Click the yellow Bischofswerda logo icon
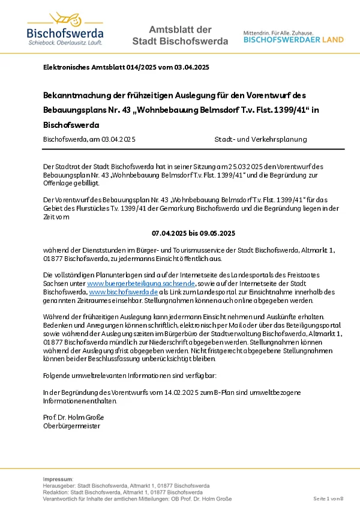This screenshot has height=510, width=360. [x=65, y=19]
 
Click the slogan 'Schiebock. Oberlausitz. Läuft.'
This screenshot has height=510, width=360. [x=65, y=43]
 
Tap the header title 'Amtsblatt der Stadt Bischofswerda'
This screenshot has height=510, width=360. [x=180, y=35]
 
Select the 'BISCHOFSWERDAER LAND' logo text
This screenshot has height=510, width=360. [x=293, y=40]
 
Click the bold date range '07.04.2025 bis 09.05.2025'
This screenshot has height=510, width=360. [x=193, y=232]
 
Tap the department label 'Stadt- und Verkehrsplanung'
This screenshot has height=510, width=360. [x=260, y=139]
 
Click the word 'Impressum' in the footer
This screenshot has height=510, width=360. [x=58, y=479]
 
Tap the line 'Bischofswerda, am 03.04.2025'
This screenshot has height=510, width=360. [x=89, y=139]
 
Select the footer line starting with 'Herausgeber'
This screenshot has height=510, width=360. [x=126, y=485]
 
